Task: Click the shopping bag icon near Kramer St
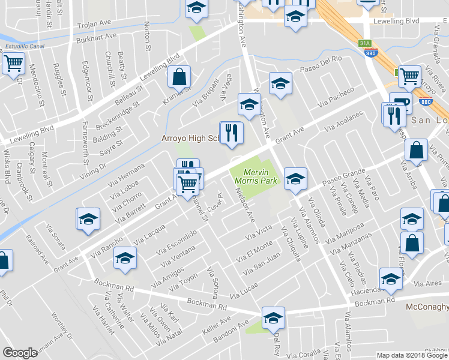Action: (179, 77)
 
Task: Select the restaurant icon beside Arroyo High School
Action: (232, 133)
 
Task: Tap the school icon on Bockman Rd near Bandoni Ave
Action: (273, 318)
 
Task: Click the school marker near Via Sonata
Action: (88, 219)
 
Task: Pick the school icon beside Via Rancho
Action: (125, 259)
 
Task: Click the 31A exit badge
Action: (365, 43)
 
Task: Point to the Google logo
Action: (20, 353)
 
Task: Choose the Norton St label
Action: (147, 36)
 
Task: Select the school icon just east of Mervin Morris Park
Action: (295, 178)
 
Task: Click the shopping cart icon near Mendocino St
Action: (13, 63)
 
